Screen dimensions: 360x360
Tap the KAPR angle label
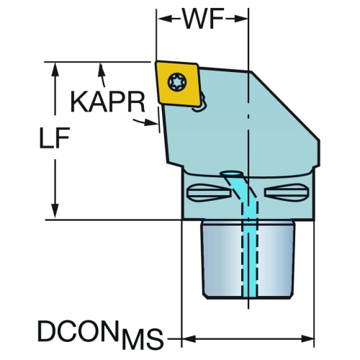coord(108,102)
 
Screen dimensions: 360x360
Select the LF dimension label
coord(55,138)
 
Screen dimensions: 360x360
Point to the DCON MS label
coord(100,335)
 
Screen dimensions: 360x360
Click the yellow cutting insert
coord(179,84)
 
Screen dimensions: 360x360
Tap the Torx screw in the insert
coord(177,82)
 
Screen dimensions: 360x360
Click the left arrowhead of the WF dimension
coord(164,19)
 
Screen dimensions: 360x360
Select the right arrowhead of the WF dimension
coord(240,19)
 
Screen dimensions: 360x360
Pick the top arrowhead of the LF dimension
coord(55,70)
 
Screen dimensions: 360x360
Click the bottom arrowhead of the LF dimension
coord(55,211)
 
